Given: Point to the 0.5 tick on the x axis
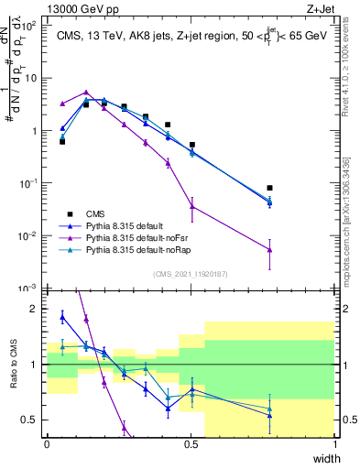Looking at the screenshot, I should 191,446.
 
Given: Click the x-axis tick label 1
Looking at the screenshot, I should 335,446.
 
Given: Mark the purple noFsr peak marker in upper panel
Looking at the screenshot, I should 86,93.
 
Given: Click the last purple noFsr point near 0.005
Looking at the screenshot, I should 269,249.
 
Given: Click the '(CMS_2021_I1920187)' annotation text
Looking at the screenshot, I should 191,274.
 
